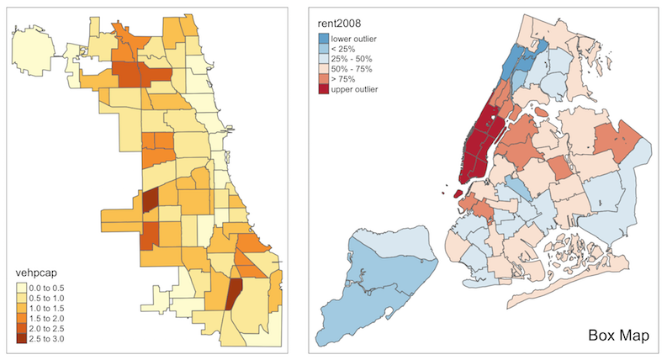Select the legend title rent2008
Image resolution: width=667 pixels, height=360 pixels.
339,23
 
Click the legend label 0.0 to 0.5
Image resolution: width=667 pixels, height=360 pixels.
51,289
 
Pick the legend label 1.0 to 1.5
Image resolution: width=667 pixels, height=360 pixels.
51,309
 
